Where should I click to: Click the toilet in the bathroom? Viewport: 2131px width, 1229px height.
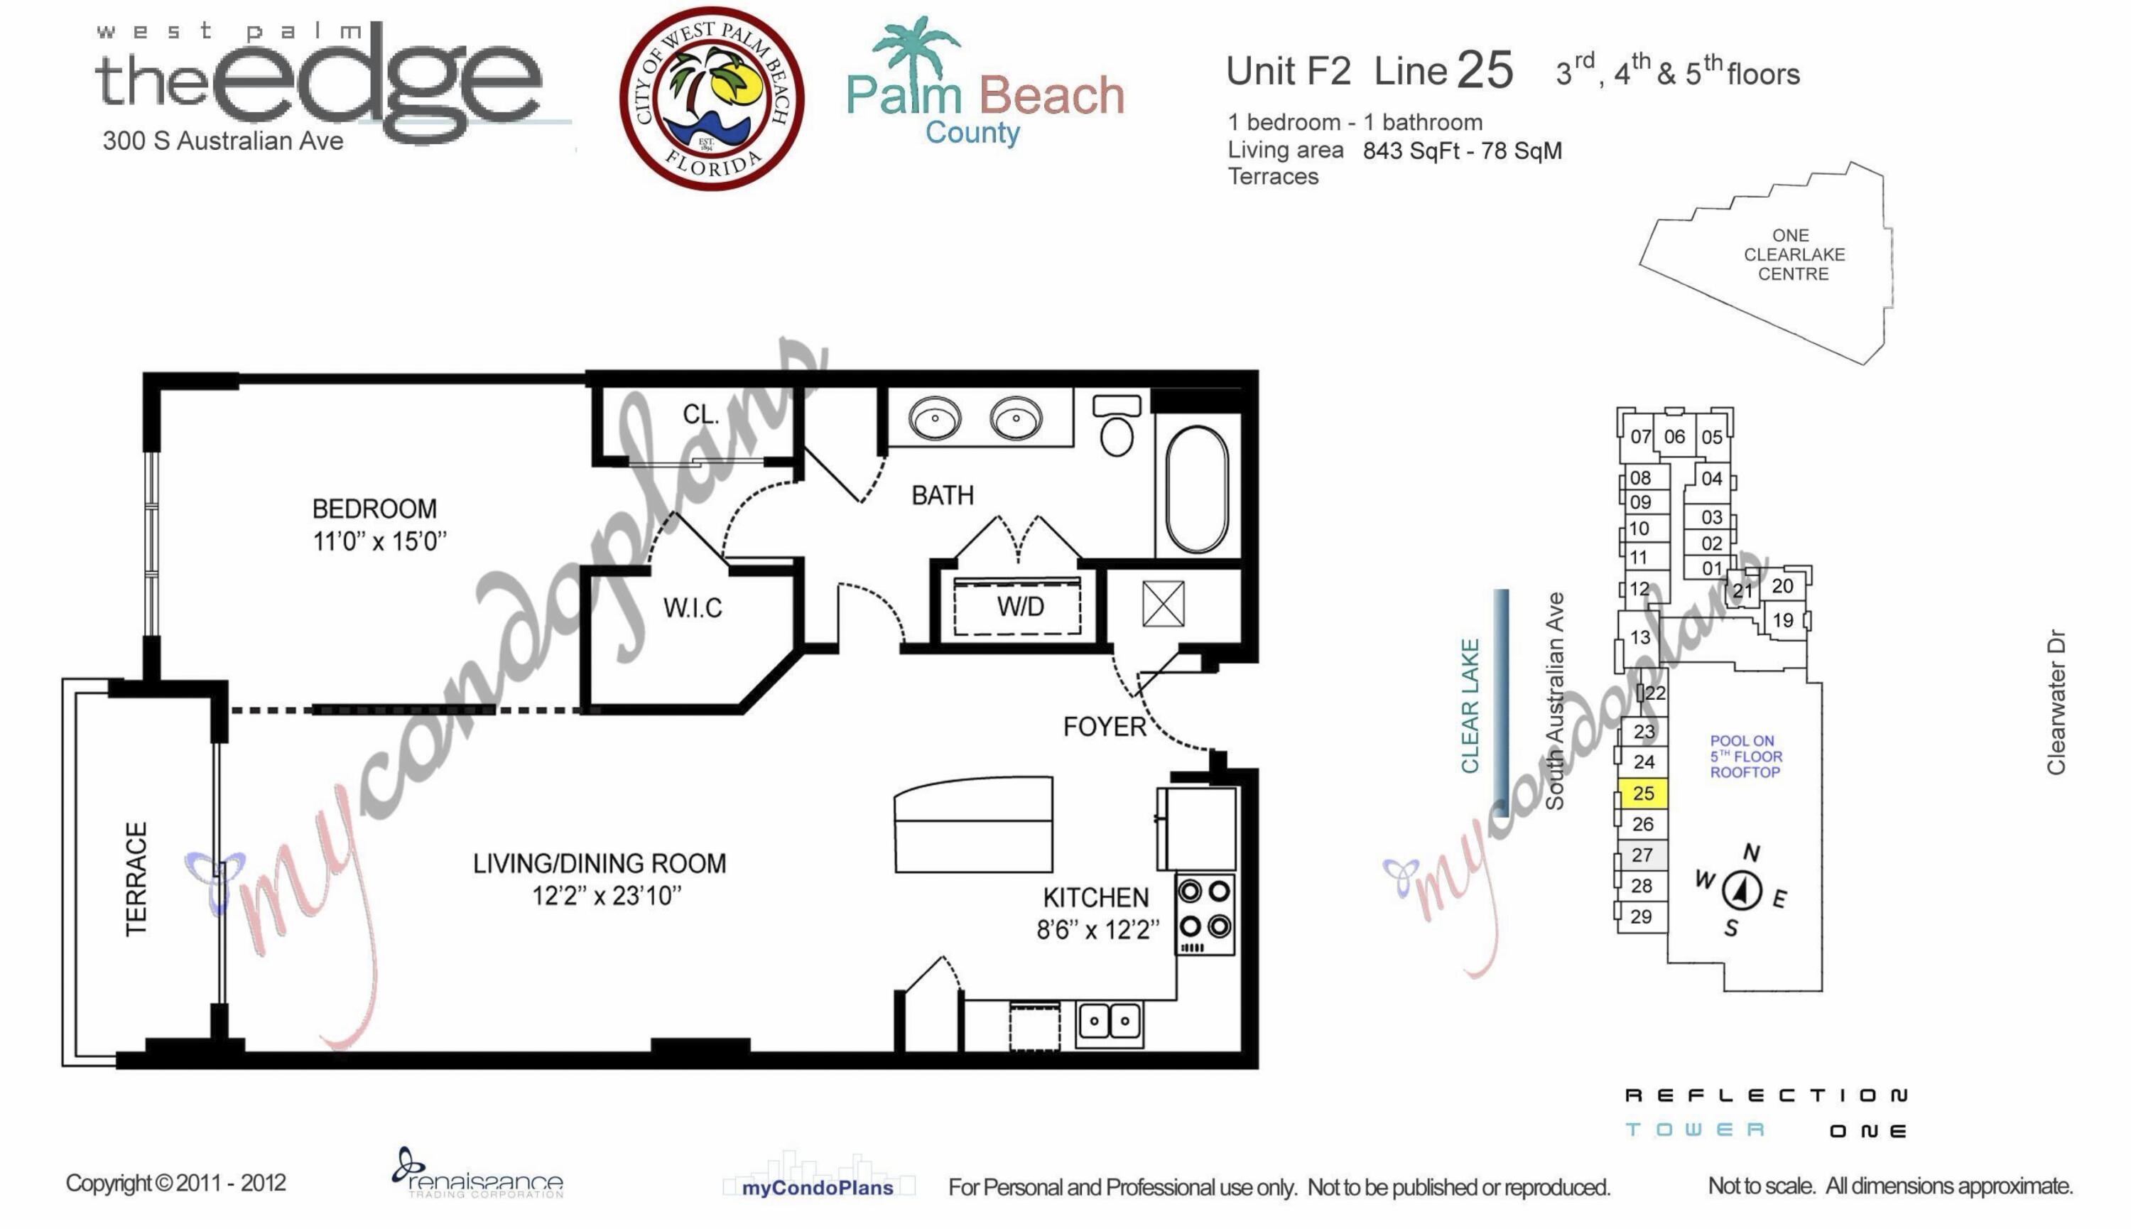pyautogui.click(x=1117, y=426)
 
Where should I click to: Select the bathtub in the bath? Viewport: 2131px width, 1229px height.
pyautogui.click(x=1197, y=489)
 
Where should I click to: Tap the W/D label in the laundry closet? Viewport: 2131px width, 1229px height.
pyautogui.click(x=1020, y=606)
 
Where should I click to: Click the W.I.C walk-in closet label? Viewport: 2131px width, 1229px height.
pyautogui.click(x=693, y=607)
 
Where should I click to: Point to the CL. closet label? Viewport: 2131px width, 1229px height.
pyautogui.click(x=700, y=414)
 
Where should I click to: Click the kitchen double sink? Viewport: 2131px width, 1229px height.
pyautogui.click(x=1109, y=1022)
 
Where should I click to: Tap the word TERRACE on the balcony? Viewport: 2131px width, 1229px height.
pyautogui.click(x=136, y=879)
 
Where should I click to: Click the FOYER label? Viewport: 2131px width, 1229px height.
pyautogui.click(x=1104, y=727)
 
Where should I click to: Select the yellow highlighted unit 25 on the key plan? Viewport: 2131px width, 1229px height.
pyautogui.click(x=1642, y=794)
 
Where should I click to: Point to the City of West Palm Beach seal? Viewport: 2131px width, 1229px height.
pyautogui.click(x=712, y=99)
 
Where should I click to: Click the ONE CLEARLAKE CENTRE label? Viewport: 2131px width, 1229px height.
pyautogui.click(x=1794, y=255)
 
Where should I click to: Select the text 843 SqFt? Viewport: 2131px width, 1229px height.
pyautogui.click(x=1410, y=151)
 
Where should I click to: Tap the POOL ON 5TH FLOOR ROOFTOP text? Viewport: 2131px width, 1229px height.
pyautogui.click(x=1745, y=757)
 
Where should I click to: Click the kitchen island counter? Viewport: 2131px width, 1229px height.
pyautogui.click(x=973, y=824)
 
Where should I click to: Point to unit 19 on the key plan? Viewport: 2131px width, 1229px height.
pyautogui.click(x=1782, y=620)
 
